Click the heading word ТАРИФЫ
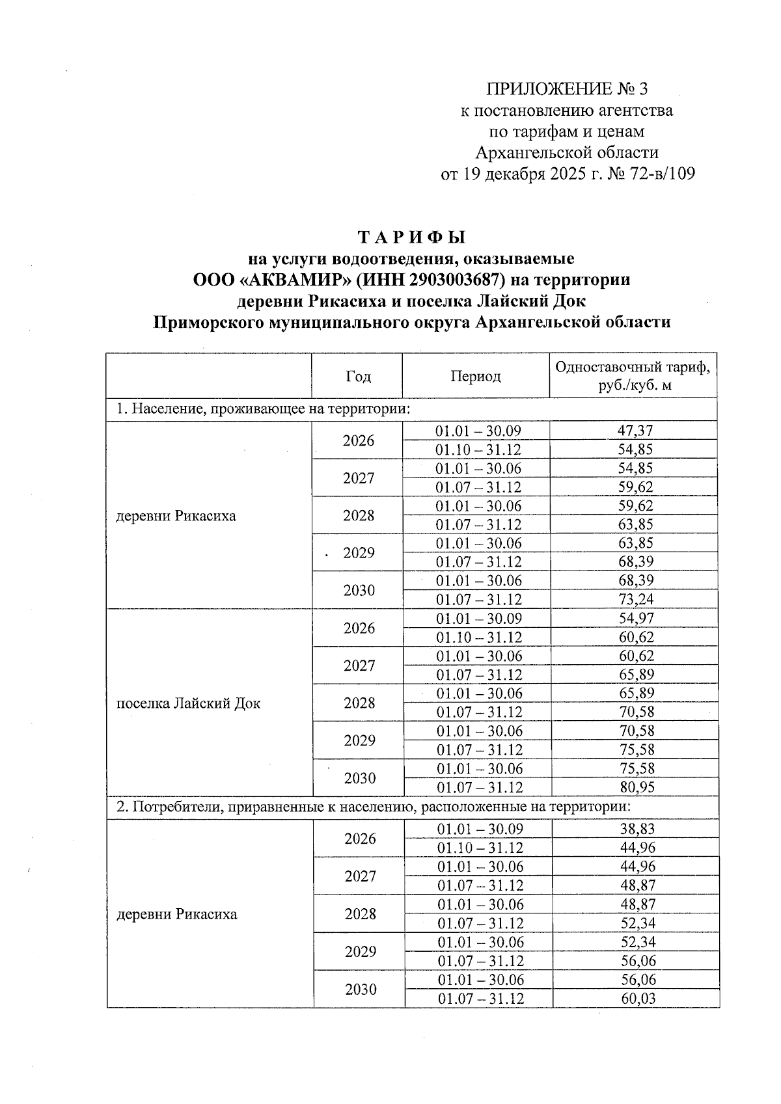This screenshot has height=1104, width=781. click(x=412, y=236)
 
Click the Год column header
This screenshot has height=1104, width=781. click(x=358, y=376)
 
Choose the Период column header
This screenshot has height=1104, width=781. click(x=476, y=376)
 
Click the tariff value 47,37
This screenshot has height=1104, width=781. click(x=635, y=431)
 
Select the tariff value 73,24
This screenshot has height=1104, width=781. click(x=635, y=599)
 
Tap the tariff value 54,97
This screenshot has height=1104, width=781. click(x=636, y=618)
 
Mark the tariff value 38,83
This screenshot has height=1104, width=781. click(x=637, y=829)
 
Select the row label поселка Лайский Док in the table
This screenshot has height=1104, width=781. click(x=188, y=703)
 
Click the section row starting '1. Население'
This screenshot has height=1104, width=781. click(x=263, y=409)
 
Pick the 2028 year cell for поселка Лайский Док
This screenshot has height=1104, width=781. click(x=359, y=703)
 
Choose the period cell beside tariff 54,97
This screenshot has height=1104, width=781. click(x=479, y=618)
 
